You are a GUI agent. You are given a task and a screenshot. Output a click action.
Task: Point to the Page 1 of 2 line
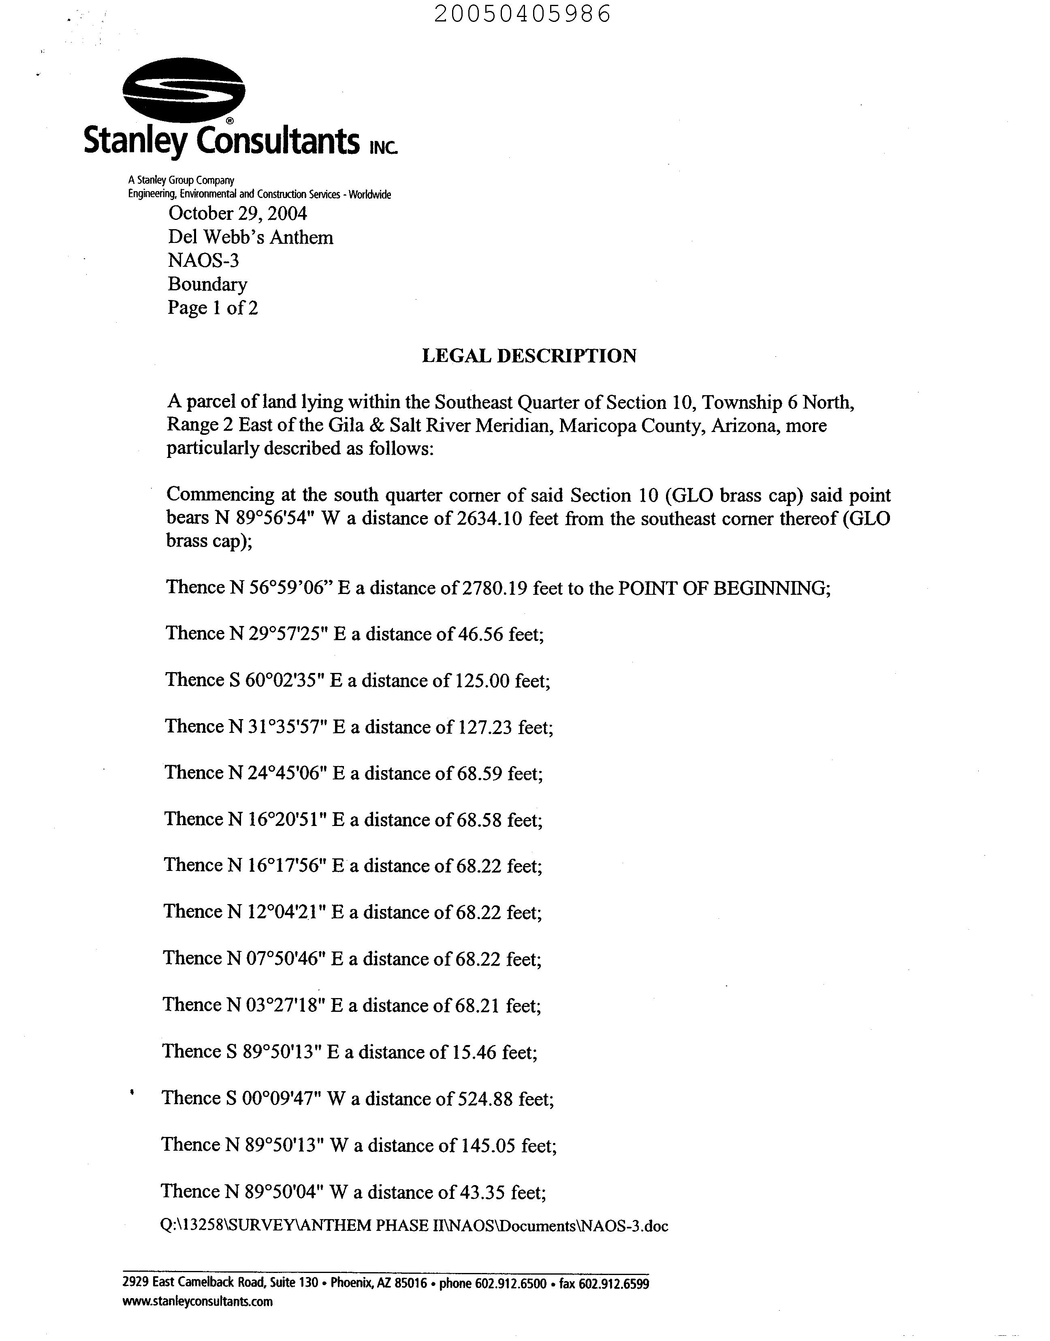[x=212, y=307]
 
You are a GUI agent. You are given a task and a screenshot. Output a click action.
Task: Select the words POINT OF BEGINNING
[x=722, y=588]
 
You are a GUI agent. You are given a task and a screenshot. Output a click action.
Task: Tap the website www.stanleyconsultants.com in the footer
[x=197, y=1301]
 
